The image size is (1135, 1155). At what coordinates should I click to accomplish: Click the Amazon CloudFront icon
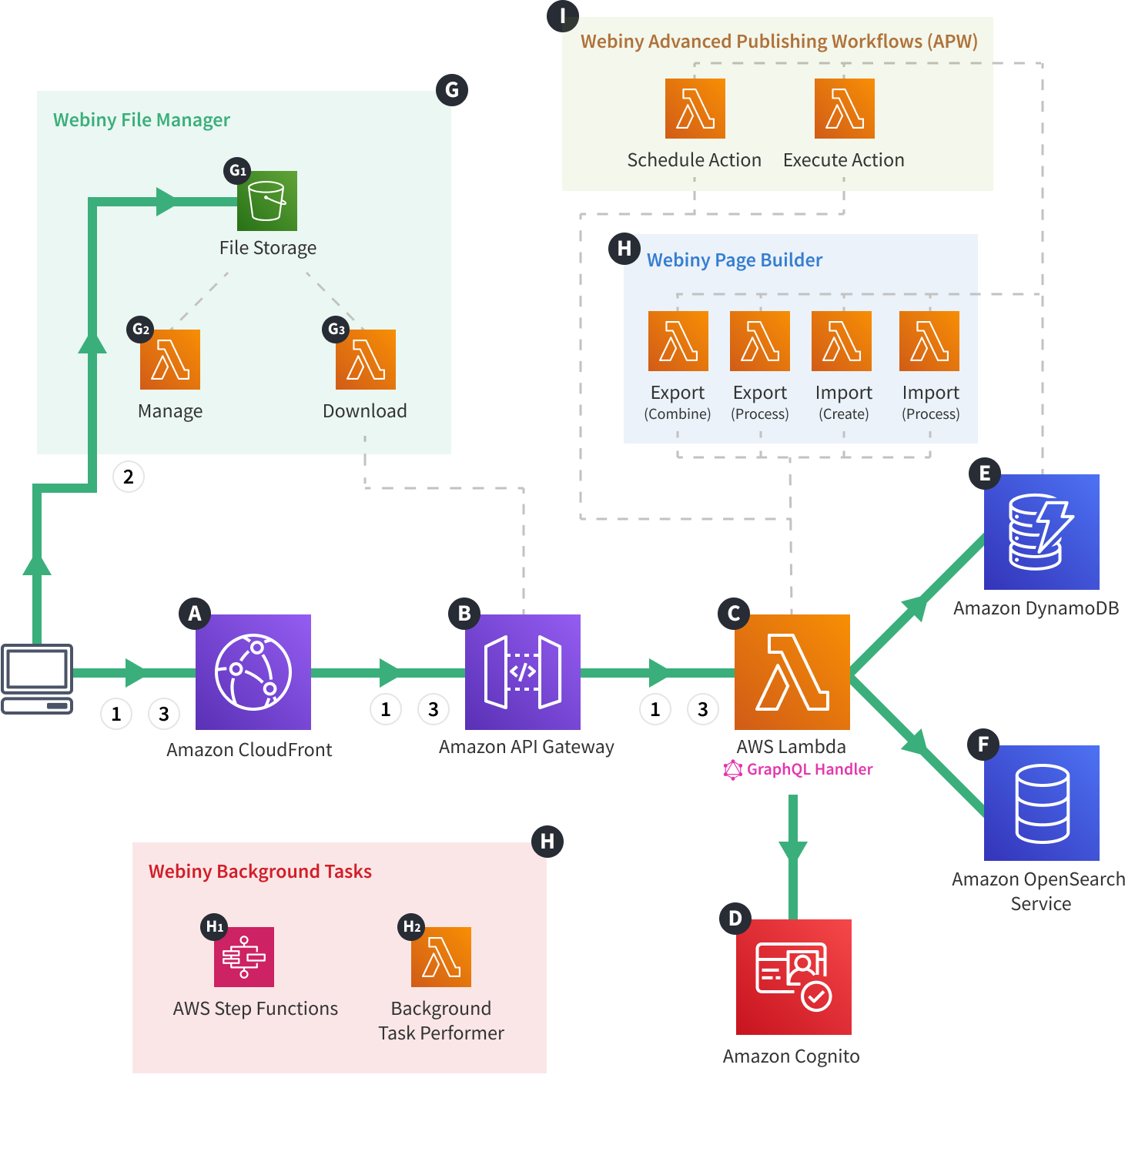(253, 671)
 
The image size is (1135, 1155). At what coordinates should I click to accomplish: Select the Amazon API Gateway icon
(523, 671)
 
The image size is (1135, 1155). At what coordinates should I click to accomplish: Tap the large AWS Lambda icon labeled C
(792, 671)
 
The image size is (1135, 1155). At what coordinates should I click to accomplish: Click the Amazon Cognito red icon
(794, 976)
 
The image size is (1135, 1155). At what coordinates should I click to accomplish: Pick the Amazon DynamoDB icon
(1042, 532)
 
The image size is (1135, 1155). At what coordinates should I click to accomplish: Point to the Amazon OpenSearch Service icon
(1042, 803)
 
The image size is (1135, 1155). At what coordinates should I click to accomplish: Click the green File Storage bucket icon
(267, 201)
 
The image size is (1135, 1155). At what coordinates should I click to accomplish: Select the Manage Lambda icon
(170, 360)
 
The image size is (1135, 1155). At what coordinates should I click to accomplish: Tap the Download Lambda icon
(366, 360)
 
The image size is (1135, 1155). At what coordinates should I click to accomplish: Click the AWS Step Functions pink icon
(244, 957)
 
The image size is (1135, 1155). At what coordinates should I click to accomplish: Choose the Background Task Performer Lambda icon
(441, 957)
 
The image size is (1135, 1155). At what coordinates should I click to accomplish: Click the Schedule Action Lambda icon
(695, 109)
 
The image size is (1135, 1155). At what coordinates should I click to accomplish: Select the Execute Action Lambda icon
(845, 109)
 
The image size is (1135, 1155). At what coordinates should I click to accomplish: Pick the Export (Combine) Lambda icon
(678, 341)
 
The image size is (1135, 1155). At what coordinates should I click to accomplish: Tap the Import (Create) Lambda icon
(842, 341)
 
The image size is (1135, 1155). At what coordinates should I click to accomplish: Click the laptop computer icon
(37, 678)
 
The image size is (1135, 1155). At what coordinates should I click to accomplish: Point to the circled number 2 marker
(129, 477)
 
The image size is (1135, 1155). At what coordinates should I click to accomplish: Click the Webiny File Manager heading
(142, 120)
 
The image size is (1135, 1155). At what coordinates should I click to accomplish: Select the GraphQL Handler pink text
(809, 769)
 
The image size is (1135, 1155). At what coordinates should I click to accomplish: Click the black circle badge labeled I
(563, 16)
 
